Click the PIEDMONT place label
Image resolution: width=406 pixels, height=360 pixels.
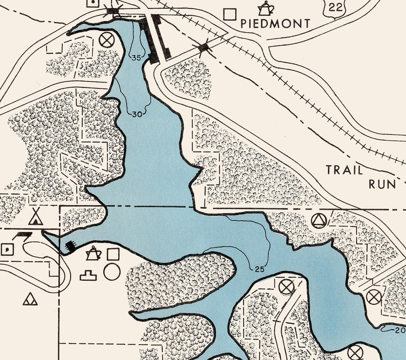pos(276,24)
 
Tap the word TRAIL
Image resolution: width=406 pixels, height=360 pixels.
pos(345,170)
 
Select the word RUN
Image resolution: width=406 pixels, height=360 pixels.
pos(382,184)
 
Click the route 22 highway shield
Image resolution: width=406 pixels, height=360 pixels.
pos(335,7)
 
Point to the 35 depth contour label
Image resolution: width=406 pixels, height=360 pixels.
pos(136,58)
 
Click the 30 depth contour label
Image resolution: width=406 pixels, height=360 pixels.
pos(137,115)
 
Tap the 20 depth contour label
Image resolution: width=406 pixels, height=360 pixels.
pos(400,330)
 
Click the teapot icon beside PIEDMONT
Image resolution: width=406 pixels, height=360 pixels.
pos(265,8)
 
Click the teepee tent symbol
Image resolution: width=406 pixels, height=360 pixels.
pos(35,217)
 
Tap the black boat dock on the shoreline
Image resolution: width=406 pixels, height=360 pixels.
pos(70,246)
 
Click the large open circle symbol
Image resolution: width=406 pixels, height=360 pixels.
pos(111,272)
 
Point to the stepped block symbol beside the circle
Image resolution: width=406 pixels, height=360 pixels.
pos(89,275)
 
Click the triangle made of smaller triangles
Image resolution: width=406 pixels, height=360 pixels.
pos(30,299)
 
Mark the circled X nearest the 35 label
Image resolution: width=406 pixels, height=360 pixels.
pos(106,39)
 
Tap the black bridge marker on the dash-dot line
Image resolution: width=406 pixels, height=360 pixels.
pos(204,48)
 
